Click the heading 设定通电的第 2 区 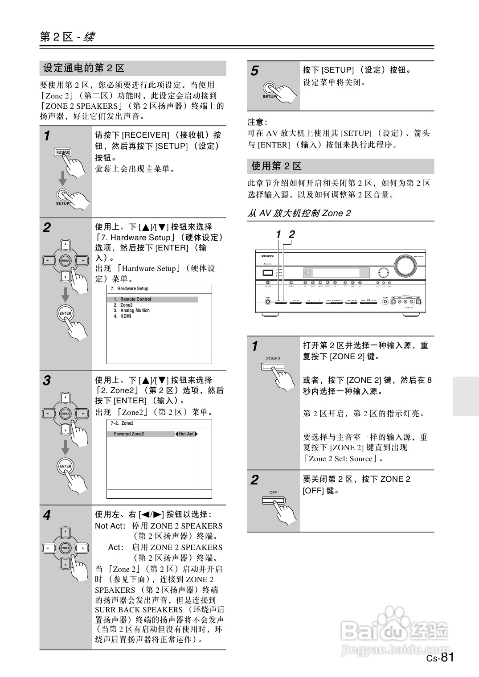click(x=84, y=68)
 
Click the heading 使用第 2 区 click(x=276, y=166)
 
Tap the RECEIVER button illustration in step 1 click(x=63, y=152)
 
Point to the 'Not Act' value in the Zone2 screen click(x=186, y=434)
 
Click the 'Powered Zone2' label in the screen click(x=129, y=434)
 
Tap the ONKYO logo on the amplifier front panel click(x=267, y=256)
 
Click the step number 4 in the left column click(x=47, y=515)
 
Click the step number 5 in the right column click(x=254, y=71)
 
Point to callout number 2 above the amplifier click(x=292, y=234)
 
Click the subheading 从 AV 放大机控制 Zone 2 click(x=299, y=213)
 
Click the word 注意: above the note click(x=257, y=122)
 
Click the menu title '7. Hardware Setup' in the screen click(x=130, y=289)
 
